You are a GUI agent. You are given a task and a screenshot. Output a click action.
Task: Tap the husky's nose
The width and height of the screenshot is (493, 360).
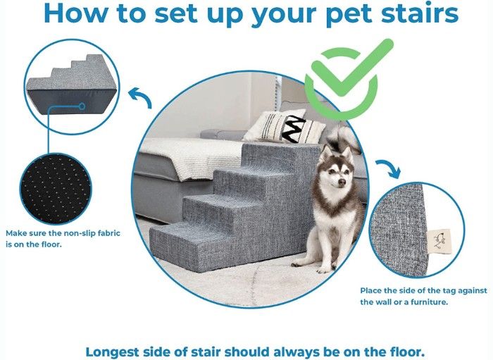[x=342, y=182]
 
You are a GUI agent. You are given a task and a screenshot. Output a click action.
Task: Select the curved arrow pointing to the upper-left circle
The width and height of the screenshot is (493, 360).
[x=140, y=97]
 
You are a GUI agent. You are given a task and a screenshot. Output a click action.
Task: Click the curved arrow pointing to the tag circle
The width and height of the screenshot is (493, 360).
[x=389, y=168]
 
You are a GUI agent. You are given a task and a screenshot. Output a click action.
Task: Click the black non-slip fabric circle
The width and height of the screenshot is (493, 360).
[x=56, y=188]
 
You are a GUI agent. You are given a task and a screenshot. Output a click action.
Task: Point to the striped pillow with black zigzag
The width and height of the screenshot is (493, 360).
[x=285, y=126]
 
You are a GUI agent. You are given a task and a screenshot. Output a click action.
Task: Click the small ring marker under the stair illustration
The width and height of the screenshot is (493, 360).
[x=82, y=106]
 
